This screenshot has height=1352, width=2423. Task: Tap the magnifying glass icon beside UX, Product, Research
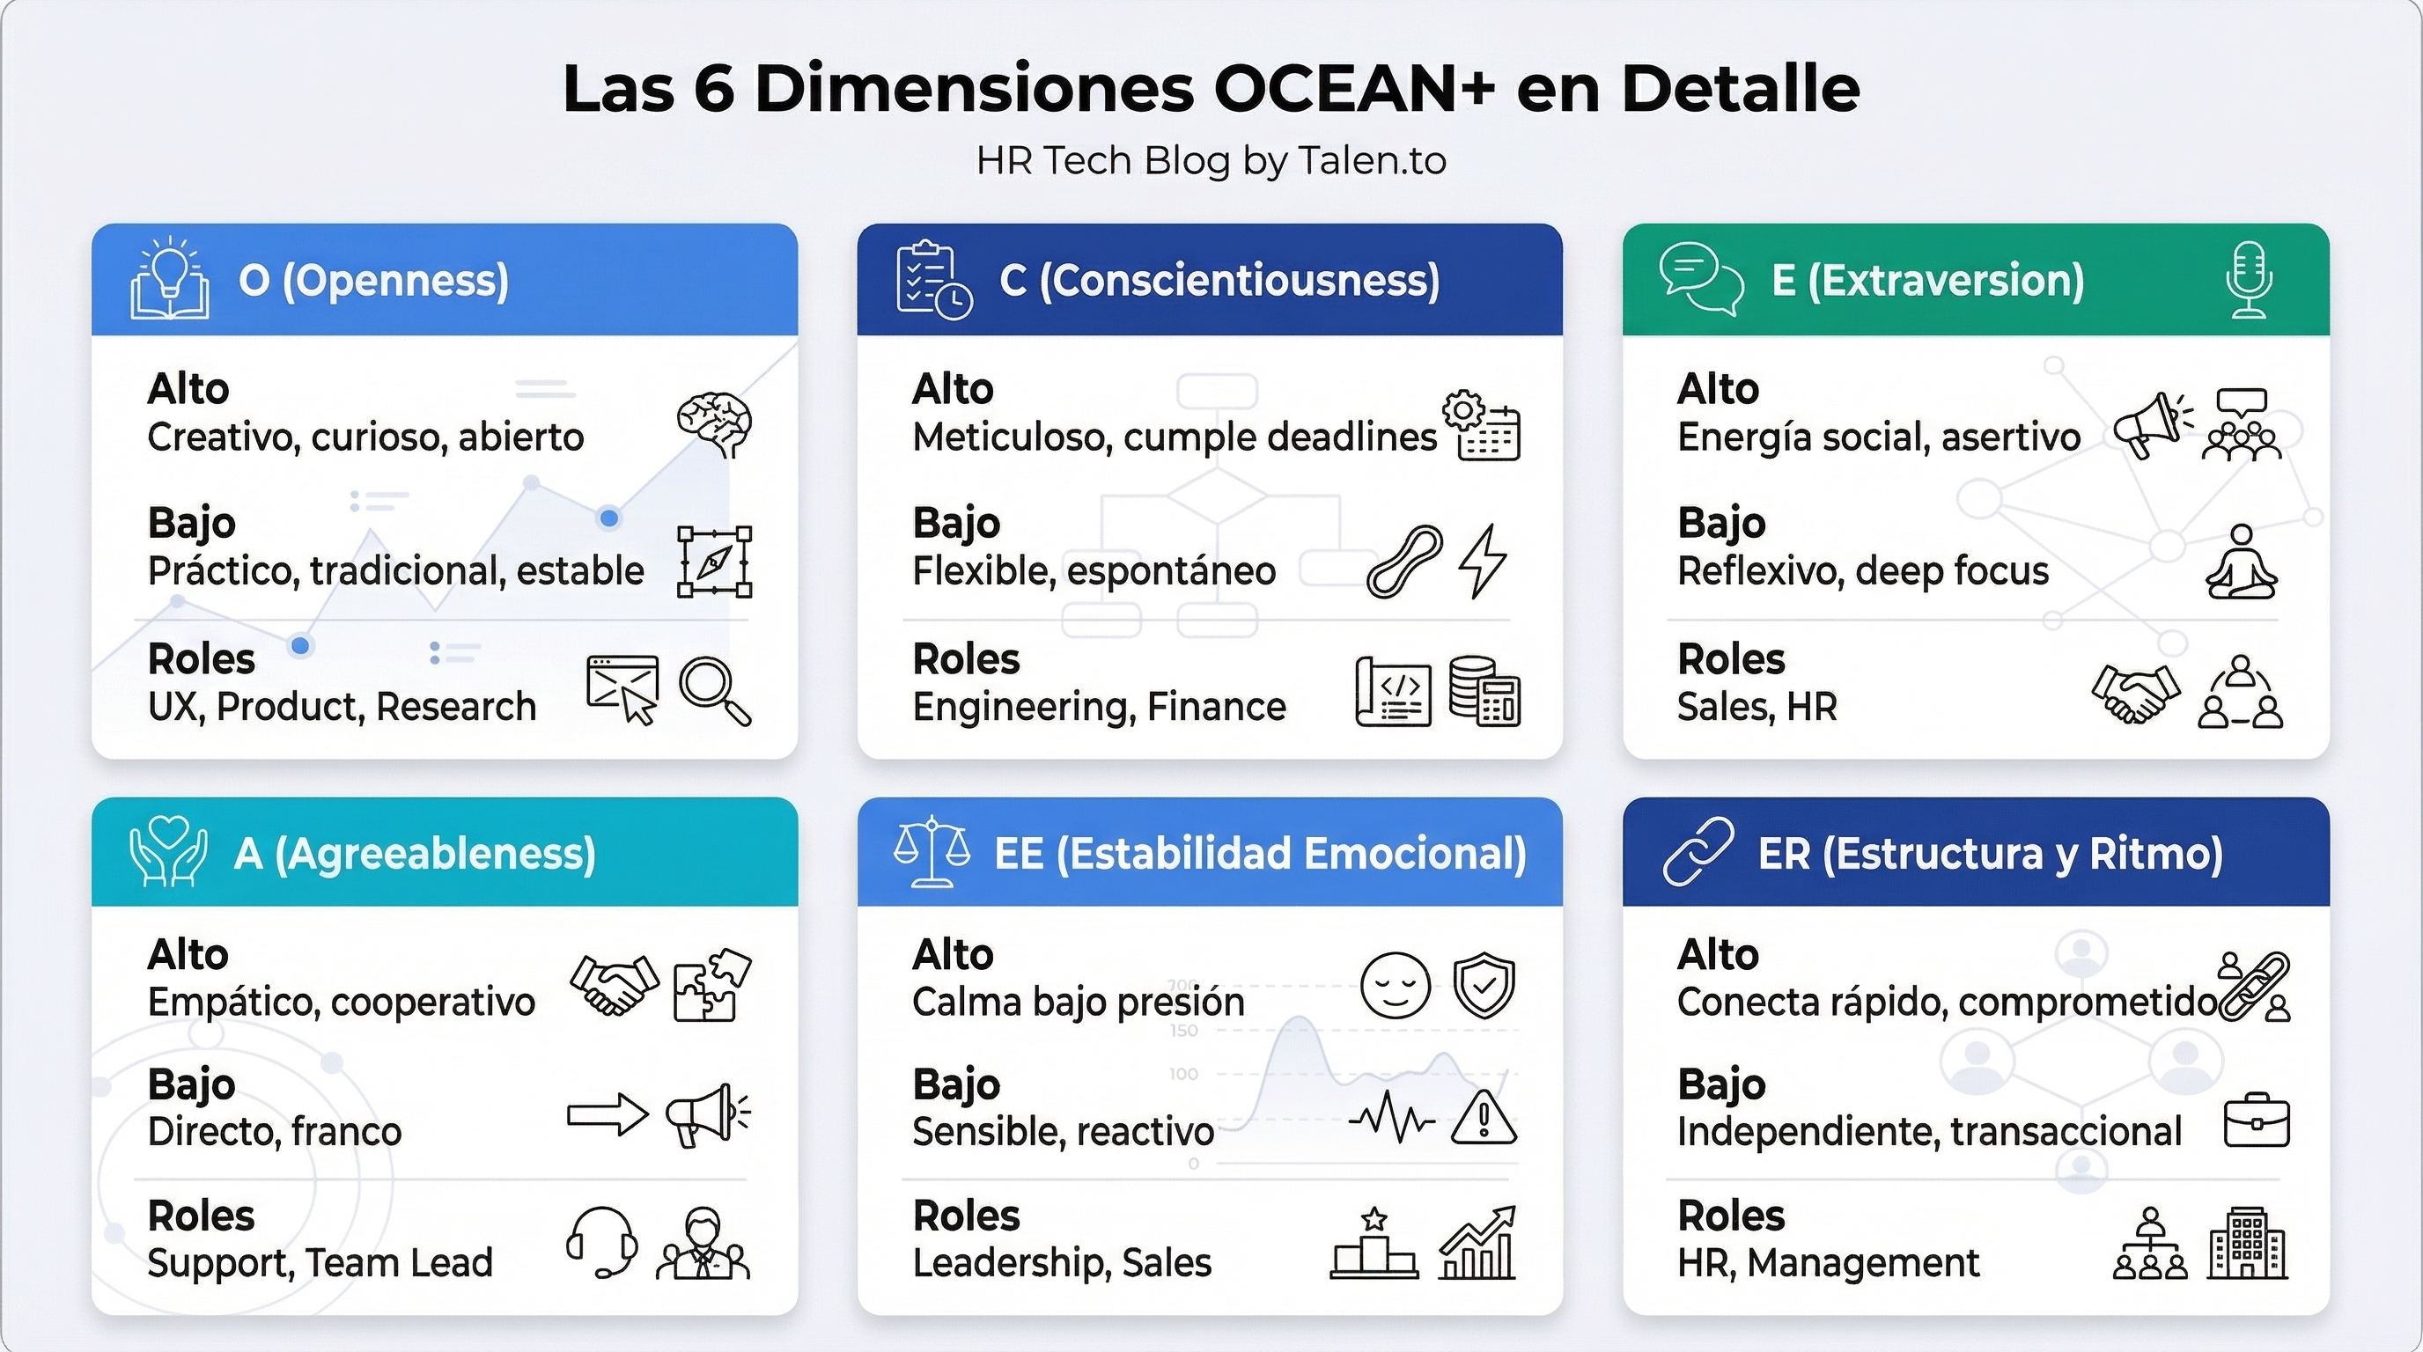715,692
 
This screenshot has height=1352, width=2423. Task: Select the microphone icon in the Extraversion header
2249,280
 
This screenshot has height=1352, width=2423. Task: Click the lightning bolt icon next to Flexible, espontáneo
1483,562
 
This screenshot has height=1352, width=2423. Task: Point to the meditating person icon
2242,562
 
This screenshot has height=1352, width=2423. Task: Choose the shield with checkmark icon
1484,985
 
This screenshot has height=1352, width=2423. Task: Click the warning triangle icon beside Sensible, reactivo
1484,1118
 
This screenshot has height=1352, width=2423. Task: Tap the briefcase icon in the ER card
2257,1121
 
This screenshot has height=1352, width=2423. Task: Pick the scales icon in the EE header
932,851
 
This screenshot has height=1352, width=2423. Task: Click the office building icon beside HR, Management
2247,1243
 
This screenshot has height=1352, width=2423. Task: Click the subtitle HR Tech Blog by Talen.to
1211,161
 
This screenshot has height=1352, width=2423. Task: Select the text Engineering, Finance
1099,706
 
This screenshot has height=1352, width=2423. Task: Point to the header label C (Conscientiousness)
1219,280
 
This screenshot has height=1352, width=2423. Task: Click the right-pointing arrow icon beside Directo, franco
608,1115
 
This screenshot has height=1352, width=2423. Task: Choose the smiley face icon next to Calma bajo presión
1395,985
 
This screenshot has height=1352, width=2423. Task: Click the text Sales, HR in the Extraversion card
1756,706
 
